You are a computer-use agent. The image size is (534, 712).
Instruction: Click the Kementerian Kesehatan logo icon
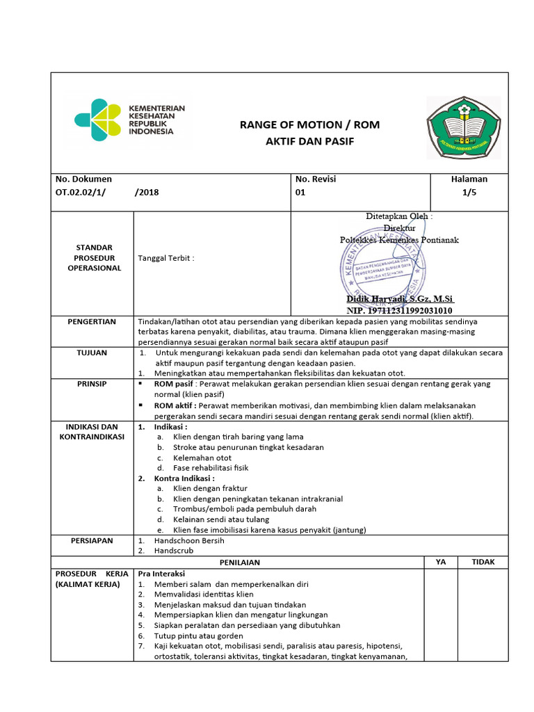pos(99,120)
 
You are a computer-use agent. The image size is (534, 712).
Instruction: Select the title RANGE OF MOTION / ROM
pos(309,125)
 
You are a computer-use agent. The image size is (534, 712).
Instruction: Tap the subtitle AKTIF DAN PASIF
pos(309,141)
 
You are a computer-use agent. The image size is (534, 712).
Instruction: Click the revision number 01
pos(300,193)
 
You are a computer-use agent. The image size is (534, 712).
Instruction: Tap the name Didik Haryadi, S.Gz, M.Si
pos(400,298)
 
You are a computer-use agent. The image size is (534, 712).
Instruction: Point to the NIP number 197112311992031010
pos(399,310)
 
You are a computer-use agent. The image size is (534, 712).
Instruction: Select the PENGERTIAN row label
pos(92,322)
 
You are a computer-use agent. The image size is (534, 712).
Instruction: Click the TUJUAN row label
pos(92,353)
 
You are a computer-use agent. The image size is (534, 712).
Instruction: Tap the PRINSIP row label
pos(92,384)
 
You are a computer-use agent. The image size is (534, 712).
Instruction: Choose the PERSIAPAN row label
pos(92,540)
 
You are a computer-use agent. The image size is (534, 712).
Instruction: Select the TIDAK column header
pos(483,562)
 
